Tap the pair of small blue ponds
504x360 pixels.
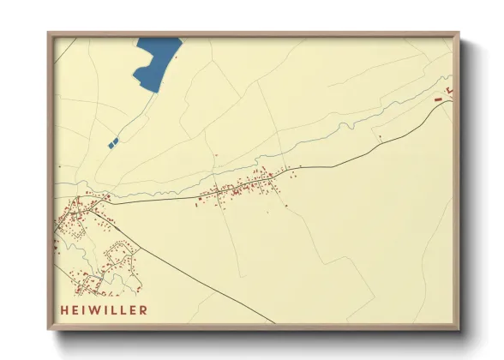tap(113, 142)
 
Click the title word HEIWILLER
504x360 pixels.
tap(104, 309)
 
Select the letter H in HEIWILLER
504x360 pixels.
tap(64, 309)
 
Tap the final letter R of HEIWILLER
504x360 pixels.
tap(143, 309)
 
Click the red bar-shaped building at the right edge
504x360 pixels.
tap(440, 99)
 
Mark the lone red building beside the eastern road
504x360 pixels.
tap(378, 137)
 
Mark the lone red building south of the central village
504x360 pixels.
tap(284, 206)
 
